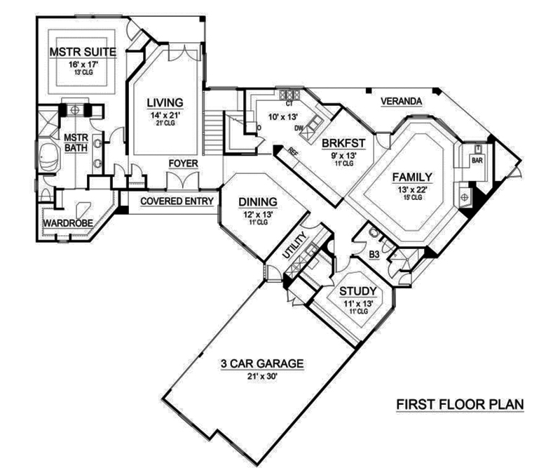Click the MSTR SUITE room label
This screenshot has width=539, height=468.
(82, 52)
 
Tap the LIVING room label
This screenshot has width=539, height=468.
(165, 102)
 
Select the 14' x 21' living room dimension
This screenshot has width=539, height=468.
(165, 114)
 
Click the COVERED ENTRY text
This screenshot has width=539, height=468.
(177, 200)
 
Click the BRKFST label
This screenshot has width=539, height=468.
(342, 145)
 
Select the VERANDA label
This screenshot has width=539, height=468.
(401, 102)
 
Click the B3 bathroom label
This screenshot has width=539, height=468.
(374, 255)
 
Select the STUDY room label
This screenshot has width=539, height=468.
(359, 291)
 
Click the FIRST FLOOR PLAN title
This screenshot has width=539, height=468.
(460, 405)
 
